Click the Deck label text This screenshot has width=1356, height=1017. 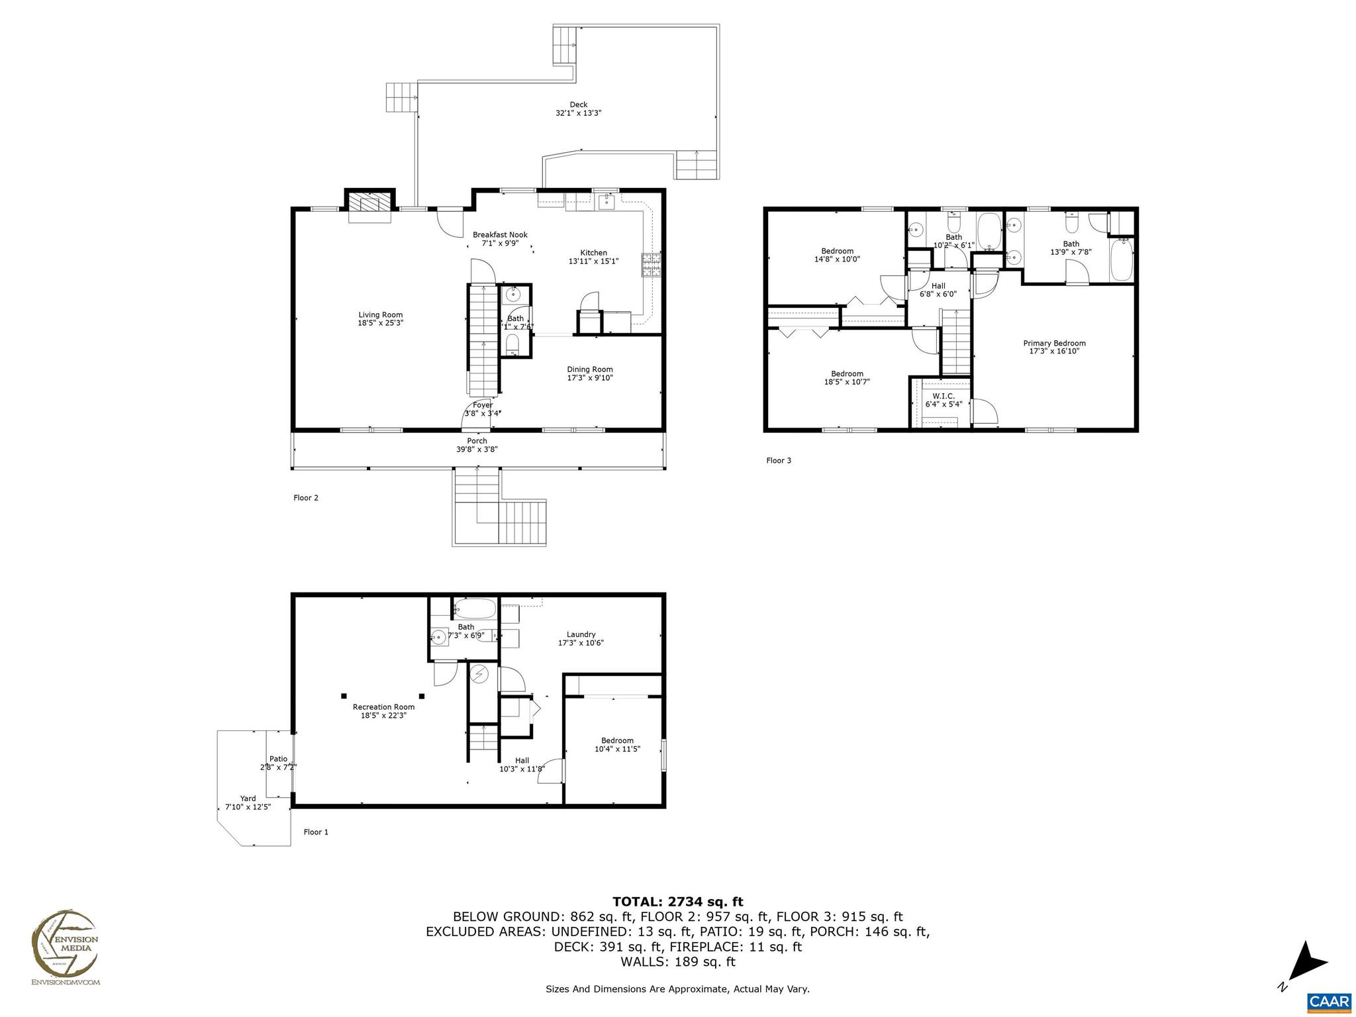tap(578, 105)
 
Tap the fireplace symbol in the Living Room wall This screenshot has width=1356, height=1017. tap(368, 203)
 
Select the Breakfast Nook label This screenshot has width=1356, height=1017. tap(500, 235)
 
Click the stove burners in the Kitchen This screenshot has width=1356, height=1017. tap(650, 265)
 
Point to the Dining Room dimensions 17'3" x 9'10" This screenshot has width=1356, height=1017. tap(589, 378)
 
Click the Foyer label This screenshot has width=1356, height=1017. tap(482, 405)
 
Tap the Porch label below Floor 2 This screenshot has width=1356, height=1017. tap(477, 441)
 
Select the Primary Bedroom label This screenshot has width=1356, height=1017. tap(1054, 343)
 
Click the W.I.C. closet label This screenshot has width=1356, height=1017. tap(943, 396)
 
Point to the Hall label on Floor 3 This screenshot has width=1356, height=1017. tap(938, 286)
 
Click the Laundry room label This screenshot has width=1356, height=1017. tap(581, 634)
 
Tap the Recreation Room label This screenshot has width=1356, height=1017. tap(383, 707)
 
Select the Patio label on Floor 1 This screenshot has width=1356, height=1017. tap(278, 759)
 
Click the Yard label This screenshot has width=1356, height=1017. tap(248, 799)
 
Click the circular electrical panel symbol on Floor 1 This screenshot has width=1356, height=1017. tap(479, 675)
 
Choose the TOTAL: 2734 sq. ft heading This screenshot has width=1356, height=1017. tap(677, 902)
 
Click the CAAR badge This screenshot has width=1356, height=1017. tap(1329, 1000)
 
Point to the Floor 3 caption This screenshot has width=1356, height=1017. tap(778, 460)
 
